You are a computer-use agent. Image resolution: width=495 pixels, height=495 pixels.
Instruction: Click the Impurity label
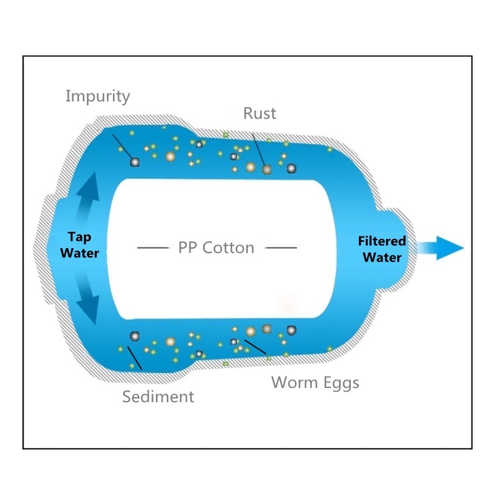(98, 97)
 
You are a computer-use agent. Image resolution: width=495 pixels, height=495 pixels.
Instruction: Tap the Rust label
(259, 113)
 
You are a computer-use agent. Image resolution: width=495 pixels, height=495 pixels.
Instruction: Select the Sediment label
(158, 396)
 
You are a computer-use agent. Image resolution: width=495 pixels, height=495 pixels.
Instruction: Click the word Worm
(294, 382)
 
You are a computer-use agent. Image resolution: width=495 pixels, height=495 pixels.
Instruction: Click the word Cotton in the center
(231, 248)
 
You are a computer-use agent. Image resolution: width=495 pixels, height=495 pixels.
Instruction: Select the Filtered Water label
(382, 249)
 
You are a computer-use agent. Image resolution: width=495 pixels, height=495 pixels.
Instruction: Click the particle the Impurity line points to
(134, 162)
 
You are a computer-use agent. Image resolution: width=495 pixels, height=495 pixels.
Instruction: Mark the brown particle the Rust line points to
(266, 170)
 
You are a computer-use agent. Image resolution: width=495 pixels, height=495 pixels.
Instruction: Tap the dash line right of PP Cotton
(281, 248)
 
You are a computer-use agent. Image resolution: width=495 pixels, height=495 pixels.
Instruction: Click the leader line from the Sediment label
(134, 357)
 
